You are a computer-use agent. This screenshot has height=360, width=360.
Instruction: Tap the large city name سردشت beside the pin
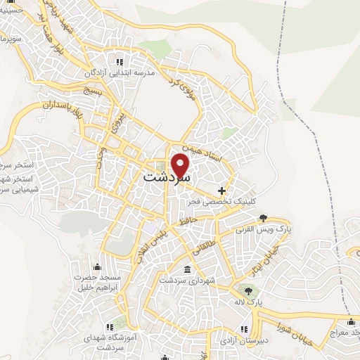166,178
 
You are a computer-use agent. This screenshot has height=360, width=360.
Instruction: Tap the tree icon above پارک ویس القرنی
263,217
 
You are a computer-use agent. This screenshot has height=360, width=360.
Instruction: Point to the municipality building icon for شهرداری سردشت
187,270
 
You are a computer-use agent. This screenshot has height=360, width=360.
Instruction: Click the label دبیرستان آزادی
243,340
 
